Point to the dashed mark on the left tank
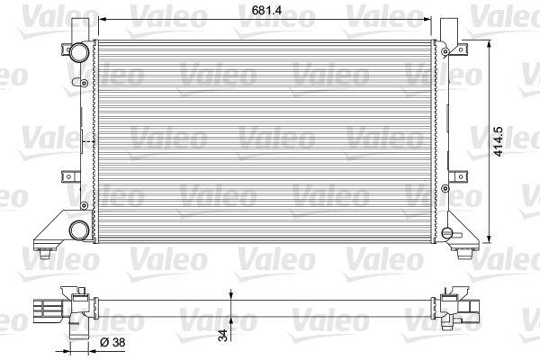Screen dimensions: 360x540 tap(87, 142)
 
